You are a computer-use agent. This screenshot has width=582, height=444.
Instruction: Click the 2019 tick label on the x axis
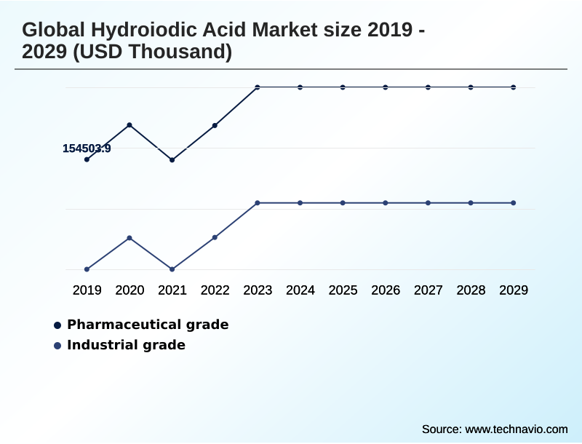(x=87, y=290)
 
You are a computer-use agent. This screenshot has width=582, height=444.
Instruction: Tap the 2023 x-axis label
(x=258, y=290)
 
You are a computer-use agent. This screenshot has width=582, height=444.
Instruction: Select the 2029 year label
(x=514, y=290)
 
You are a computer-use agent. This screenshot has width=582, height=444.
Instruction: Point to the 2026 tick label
(x=386, y=290)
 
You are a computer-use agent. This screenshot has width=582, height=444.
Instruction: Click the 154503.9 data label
(x=87, y=148)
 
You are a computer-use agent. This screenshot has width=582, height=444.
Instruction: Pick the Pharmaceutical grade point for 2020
(x=129, y=125)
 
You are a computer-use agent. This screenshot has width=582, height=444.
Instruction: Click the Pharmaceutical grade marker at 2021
(x=172, y=159)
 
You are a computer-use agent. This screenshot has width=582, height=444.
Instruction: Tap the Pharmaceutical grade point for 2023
(x=258, y=87)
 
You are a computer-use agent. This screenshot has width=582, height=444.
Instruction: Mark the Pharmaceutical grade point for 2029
(x=514, y=87)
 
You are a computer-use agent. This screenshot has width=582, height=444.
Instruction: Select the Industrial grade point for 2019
(x=87, y=269)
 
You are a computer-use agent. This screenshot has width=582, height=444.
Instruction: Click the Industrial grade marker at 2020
(x=129, y=238)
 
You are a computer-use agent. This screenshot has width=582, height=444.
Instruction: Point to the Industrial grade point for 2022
(x=215, y=237)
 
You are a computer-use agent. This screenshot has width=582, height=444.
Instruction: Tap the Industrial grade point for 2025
(x=343, y=202)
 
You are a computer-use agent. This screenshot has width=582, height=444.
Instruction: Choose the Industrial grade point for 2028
(x=471, y=202)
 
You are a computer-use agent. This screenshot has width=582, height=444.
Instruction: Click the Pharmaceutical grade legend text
(x=148, y=325)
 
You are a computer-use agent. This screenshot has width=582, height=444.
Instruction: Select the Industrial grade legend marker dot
(x=57, y=346)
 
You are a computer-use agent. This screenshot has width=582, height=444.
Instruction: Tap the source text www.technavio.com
(x=517, y=429)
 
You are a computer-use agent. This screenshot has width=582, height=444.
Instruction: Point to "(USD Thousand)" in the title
(x=156, y=52)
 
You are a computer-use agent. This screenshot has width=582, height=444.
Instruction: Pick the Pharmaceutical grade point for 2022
(x=215, y=125)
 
